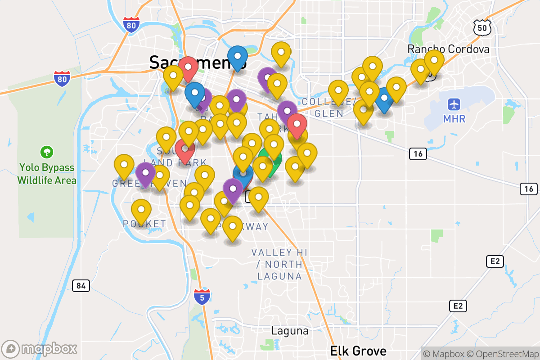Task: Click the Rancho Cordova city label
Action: pyautogui.click(x=448, y=49)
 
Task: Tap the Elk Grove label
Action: pyautogui.click(x=358, y=351)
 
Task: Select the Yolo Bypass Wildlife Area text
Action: pyautogui.click(x=47, y=174)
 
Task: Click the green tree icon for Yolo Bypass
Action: pyautogui.click(x=46, y=152)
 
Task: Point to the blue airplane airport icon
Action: pyautogui.click(x=454, y=104)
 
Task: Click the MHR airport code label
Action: pyautogui.click(x=454, y=119)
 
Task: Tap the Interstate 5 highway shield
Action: pyautogui.click(x=202, y=297)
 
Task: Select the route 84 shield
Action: pyautogui.click(x=81, y=285)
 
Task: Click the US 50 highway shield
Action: pyautogui.click(x=481, y=28)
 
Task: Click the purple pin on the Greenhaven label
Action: pyautogui.click(x=145, y=173)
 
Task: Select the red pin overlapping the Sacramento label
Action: pyautogui.click(x=188, y=67)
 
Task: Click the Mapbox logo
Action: pyautogui.click(x=40, y=349)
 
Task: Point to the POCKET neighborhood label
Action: pyautogui.click(x=144, y=224)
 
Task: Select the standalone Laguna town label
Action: pyautogui.click(x=290, y=331)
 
